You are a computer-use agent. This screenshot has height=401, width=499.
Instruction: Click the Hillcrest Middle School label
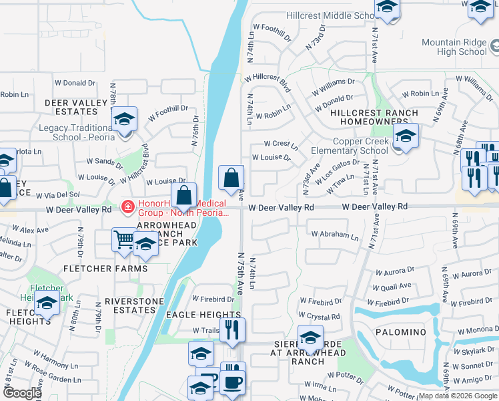pyautogui.click(x=322, y=15)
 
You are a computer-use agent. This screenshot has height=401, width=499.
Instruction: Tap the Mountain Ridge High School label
pyautogui.click(x=455, y=47)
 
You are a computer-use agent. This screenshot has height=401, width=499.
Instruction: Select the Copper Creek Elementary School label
pyautogui.click(x=349, y=146)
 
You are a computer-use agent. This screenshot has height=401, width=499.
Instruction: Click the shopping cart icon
pyautogui.click(x=124, y=239)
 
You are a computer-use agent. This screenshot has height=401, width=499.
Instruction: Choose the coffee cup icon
pyautogui.click(x=233, y=383)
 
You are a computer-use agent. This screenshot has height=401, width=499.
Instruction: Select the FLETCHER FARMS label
pyautogui.click(x=105, y=269)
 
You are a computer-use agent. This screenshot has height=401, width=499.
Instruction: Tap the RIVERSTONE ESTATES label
pyautogui.click(x=134, y=305)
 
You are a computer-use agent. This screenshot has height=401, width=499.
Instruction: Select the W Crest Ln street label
pyautogui.click(x=281, y=144)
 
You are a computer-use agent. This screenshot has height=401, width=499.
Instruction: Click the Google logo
pyautogui.click(x=21, y=393)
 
